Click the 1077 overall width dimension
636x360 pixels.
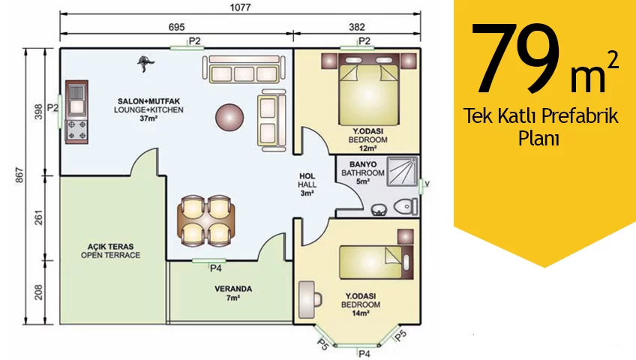pyautogui.click(x=240, y=7)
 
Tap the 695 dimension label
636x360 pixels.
pyautogui.click(x=176, y=27)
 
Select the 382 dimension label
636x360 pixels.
pyautogui.click(x=357, y=27)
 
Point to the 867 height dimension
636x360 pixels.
pyautogui.click(x=19, y=175)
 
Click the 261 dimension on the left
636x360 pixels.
pyautogui.click(x=38, y=217)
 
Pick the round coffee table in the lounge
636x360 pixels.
pyautogui.click(x=229, y=117)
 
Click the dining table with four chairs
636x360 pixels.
pyautogui.click(x=206, y=221)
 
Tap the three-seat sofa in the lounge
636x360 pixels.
pyautogui.click(x=244, y=69)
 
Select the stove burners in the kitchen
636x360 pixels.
pyautogui.click(x=76, y=130)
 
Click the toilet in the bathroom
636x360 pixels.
pyautogui.click(x=406, y=206)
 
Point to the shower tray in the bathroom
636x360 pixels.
pyautogui.click(x=402, y=171)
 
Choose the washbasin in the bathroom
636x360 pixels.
pyautogui.click(x=379, y=210)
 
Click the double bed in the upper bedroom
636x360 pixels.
pyautogui.click(x=369, y=89)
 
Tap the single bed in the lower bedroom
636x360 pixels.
pyautogui.click(x=376, y=262)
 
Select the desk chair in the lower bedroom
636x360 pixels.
pyautogui.click(x=317, y=300)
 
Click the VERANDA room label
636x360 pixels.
pyautogui.click(x=233, y=289)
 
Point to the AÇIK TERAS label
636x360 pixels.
pyautogui.click(x=110, y=247)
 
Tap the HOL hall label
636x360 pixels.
pyautogui.click(x=307, y=176)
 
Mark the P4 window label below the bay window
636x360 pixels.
pyautogui.click(x=364, y=354)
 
